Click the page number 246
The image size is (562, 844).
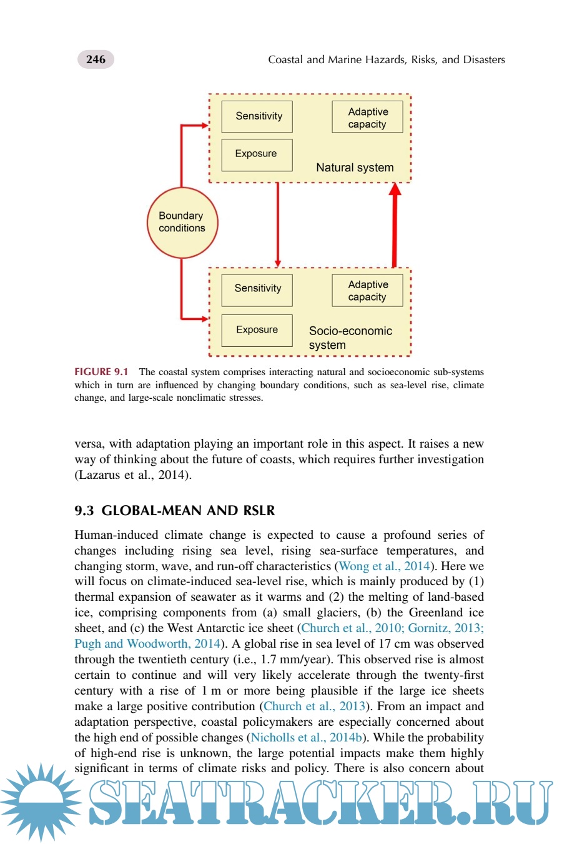(96, 59)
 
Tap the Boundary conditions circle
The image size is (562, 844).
(182, 223)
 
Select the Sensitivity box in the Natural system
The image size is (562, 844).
(257, 116)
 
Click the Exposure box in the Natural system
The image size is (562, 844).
(257, 154)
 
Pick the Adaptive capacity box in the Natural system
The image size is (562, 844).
(367, 118)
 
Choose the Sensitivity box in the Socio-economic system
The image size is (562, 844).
(257, 289)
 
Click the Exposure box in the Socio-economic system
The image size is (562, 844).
(257, 330)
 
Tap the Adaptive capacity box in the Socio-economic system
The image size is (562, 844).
(367, 291)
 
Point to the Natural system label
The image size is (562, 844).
(355, 168)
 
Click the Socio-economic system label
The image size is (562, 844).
(350, 338)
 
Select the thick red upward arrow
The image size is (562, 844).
(394, 225)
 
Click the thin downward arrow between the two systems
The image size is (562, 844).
(278, 225)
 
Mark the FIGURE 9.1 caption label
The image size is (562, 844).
(101, 372)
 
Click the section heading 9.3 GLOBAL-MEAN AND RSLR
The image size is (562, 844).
(174, 511)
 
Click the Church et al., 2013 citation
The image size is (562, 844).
(314, 706)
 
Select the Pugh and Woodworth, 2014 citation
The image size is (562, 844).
(147, 644)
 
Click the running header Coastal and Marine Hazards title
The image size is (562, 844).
(387, 59)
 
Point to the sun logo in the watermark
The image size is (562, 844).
(41, 801)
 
